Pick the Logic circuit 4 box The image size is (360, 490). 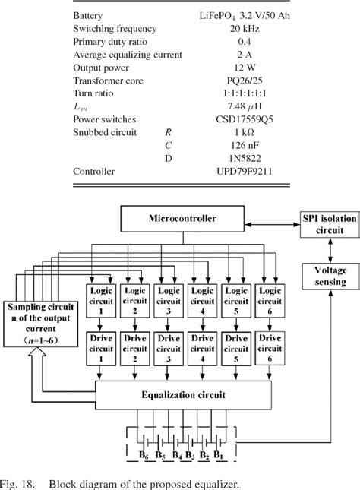(x=201, y=296)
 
